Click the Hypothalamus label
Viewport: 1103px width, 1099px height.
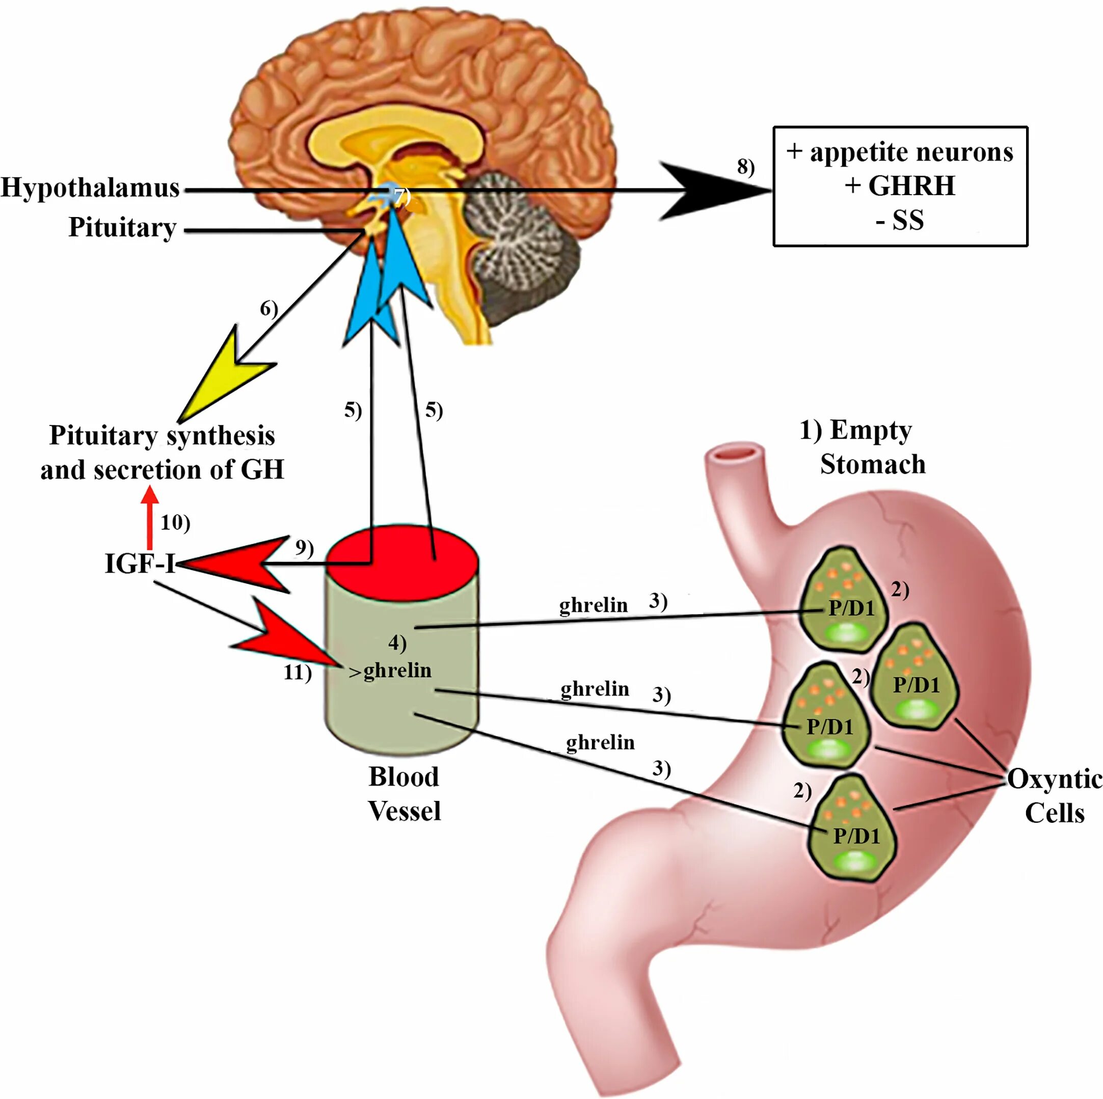click(90, 188)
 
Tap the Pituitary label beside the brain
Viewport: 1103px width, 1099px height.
click(122, 227)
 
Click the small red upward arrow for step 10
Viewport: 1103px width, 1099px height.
click(150, 517)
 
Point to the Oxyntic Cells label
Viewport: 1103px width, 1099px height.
click(1054, 795)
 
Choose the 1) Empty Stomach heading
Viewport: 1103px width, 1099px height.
click(862, 447)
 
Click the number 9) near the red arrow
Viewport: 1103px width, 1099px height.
click(304, 548)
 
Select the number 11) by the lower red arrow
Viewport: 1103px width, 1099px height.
click(298, 673)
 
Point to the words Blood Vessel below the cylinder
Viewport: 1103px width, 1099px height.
click(404, 794)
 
